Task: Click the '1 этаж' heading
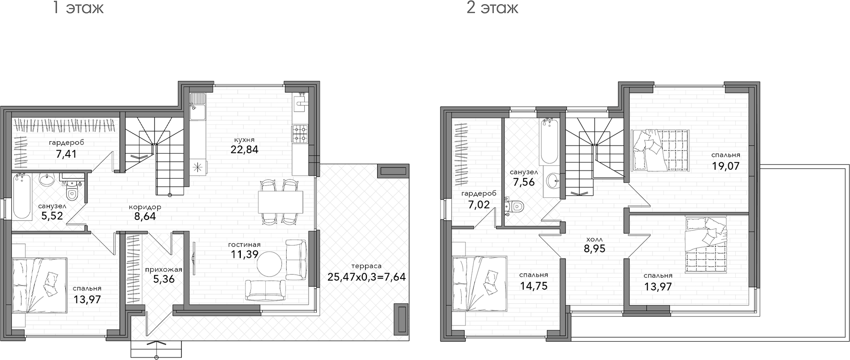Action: coord(78,8)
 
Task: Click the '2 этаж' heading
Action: coord(492,8)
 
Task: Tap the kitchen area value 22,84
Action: coord(245,149)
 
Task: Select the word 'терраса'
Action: coord(366,266)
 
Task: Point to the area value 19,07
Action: coord(725,166)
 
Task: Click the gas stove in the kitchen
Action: coord(300,134)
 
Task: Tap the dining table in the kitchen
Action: coord(280,201)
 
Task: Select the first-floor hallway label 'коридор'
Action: coord(145,207)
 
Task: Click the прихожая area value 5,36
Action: coord(164,279)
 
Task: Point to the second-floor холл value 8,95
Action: coord(594,249)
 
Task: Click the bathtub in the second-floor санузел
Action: coord(550,142)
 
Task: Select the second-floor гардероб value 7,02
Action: coord(479,204)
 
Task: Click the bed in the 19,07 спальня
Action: coord(660,150)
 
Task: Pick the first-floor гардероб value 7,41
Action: coord(66,154)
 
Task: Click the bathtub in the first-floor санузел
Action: coord(22,196)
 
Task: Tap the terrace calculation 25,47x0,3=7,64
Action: coord(367,277)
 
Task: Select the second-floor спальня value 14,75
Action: coord(534,286)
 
